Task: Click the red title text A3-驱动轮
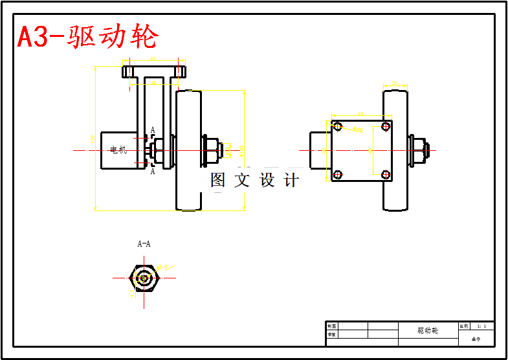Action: tap(87, 37)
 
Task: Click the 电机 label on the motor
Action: tap(118, 150)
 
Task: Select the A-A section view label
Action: tap(144, 244)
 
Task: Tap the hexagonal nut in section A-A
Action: tap(144, 278)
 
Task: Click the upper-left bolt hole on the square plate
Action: tap(337, 126)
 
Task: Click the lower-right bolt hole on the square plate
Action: tap(386, 174)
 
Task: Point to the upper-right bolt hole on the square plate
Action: tap(386, 126)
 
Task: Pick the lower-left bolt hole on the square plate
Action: tap(337, 174)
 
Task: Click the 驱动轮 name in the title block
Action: tap(428, 330)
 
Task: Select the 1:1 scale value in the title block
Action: tap(482, 326)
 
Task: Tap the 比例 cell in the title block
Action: tap(464, 326)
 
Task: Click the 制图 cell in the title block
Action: tap(331, 326)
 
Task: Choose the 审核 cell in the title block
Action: tap(331, 335)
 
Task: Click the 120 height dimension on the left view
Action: tap(93, 137)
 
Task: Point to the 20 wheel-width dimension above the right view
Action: tap(395, 83)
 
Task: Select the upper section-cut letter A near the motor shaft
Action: tap(153, 130)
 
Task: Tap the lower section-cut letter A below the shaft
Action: tap(153, 172)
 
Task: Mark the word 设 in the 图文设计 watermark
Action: tap(268, 181)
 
